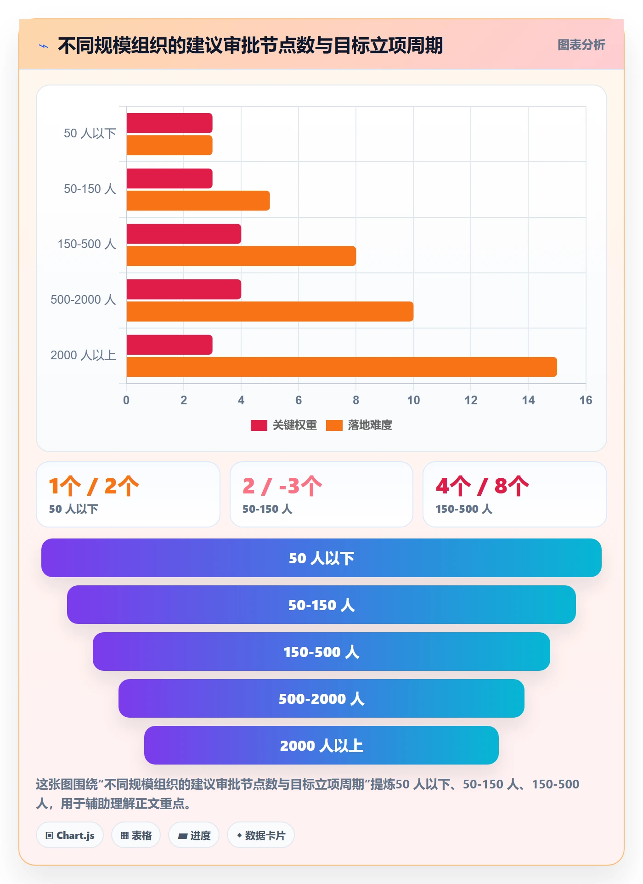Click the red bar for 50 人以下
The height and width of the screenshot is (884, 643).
169,123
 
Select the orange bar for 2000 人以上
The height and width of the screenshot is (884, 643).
342,367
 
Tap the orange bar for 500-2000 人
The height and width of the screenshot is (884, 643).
270,312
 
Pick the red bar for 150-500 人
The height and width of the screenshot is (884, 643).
184,234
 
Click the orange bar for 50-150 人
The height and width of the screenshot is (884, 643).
198,201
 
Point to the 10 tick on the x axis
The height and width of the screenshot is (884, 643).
413,400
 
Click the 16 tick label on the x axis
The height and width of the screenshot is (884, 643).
586,400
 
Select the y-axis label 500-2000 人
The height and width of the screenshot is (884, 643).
83,300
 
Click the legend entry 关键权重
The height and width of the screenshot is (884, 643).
284,425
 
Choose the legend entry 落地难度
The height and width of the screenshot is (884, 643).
359,425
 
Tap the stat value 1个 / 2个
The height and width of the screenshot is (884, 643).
94,486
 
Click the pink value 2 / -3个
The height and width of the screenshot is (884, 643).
282,486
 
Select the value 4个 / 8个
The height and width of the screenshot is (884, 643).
482,486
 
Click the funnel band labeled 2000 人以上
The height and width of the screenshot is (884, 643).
321,745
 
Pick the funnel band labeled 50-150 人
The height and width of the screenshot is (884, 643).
321,605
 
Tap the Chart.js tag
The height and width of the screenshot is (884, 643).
70,835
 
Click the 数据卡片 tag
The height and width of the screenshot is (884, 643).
261,835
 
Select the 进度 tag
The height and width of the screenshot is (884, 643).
194,835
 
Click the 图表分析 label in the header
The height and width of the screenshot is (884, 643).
581,45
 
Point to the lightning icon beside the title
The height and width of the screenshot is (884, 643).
44,46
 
